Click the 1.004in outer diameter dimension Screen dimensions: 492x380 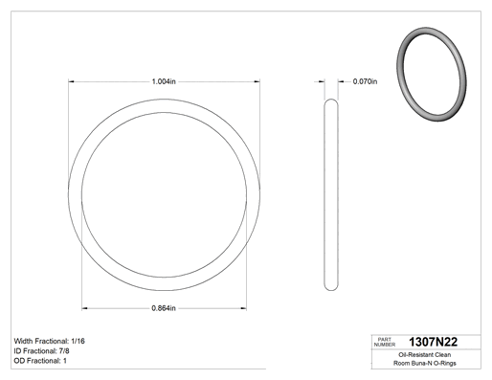coord(164,81)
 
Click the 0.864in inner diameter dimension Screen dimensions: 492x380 coord(164,308)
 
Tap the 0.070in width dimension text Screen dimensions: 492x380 coord(365,81)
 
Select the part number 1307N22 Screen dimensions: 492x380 coord(433,342)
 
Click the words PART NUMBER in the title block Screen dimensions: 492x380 coord(385,342)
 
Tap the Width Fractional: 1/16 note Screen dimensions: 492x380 coord(50,341)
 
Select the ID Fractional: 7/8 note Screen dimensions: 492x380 coord(41,351)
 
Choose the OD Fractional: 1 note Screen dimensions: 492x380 coord(40,361)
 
